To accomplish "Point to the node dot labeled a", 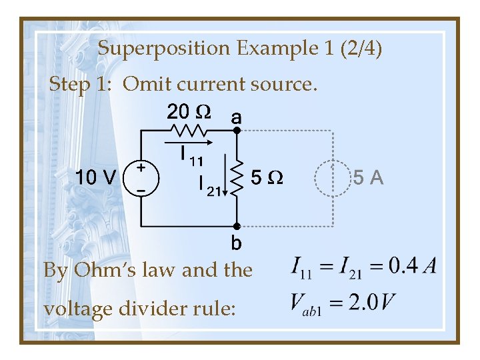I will click(x=236, y=131).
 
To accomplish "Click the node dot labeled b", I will click(x=236, y=226).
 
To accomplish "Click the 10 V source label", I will click(x=97, y=178).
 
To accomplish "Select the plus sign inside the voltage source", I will click(x=141, y=169).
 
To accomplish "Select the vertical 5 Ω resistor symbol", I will click(x=235, y=178).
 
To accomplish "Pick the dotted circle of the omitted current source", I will click(x=332, y=178).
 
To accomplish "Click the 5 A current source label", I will click(x=368, y=178).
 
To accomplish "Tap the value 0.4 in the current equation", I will click(x=403, y=267).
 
